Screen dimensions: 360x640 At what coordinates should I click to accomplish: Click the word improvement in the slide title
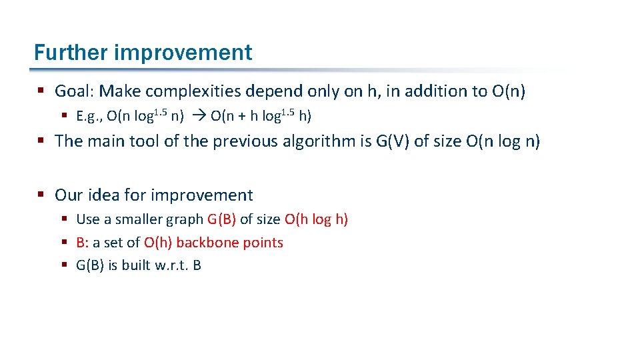click(183, 53)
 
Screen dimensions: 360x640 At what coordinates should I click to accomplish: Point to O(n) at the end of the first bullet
click(509, 91)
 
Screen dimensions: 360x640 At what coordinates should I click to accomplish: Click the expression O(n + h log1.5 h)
click(261, 117)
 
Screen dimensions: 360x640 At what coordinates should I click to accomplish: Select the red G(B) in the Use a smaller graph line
click(222, 219)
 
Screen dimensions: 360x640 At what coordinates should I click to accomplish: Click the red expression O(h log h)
click(316, 219)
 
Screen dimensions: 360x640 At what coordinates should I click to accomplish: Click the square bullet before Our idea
click(42, 195)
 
